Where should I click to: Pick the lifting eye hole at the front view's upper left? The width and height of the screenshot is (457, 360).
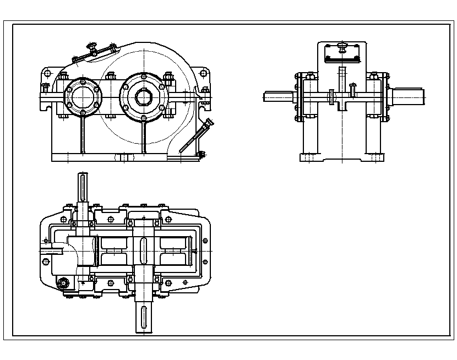[50, 72]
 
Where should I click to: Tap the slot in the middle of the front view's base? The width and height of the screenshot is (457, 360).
[125, 158]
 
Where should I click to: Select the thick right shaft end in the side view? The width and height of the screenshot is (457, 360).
[407, 97]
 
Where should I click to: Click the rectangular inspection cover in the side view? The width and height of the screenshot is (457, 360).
[342, 54]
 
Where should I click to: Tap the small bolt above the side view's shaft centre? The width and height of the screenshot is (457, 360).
[353, 87]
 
